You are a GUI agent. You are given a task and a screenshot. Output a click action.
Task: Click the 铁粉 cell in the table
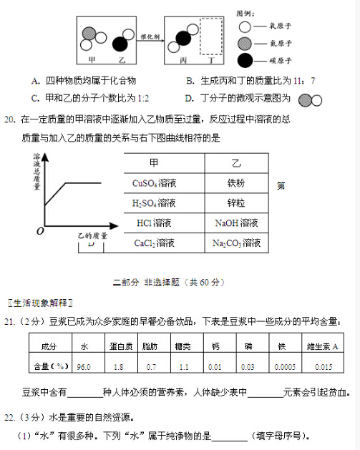(235, 183)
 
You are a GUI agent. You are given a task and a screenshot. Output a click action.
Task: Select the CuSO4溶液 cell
(154, 183)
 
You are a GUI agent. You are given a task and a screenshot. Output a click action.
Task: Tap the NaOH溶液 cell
(235, 223)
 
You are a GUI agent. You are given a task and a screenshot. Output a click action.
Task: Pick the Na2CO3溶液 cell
(235, 243)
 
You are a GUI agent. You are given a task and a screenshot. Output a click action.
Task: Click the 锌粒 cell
(235, 203)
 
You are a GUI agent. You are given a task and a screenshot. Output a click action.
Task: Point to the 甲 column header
(154, 163)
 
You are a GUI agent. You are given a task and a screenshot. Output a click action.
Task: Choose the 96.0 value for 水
(84, 366)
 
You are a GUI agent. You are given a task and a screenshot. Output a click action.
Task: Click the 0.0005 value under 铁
(286, 366)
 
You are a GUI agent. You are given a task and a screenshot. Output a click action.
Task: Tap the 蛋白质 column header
(118, 346)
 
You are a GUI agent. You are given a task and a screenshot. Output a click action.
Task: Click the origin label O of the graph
(40, 231)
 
